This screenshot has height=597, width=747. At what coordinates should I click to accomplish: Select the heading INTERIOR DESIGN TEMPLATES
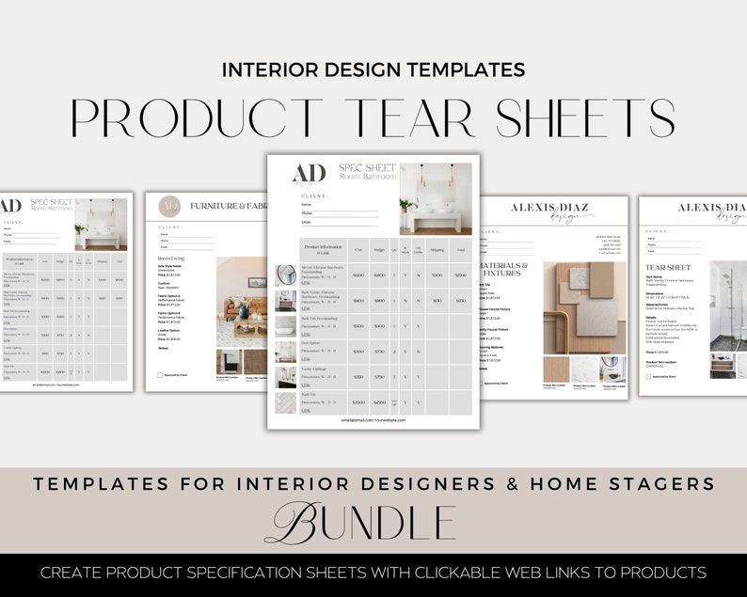tap(373, 70)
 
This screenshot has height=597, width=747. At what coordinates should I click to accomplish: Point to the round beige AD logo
tap(169, 206)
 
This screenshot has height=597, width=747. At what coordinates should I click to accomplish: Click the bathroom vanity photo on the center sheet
tap(435, 198)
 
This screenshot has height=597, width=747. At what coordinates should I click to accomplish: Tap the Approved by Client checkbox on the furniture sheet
tap(161, 374)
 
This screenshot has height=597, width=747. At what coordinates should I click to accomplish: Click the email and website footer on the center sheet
tap(373, 420)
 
